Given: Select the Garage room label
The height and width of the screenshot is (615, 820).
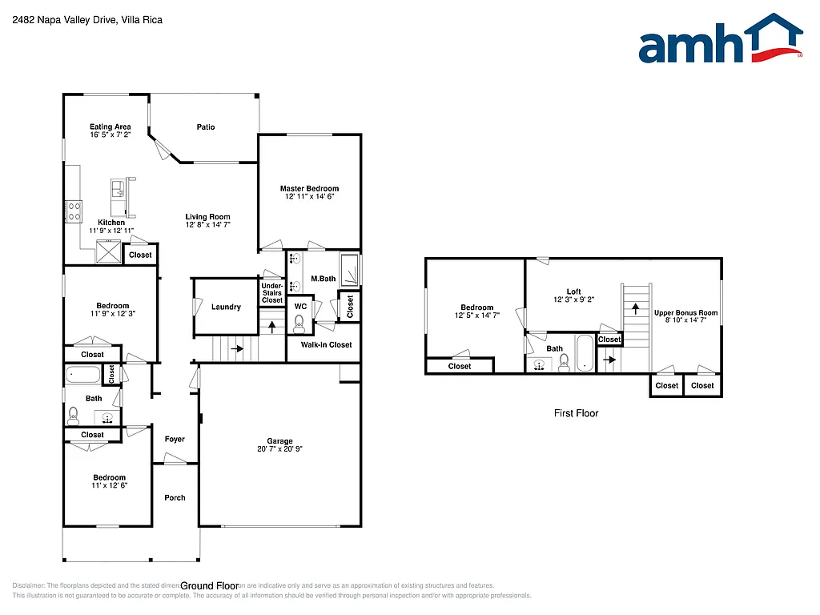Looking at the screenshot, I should (x=279, y=441).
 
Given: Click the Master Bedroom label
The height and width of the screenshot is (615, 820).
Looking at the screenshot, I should (x=309, y=189).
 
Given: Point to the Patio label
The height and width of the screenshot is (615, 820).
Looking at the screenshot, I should (x=206, y=127).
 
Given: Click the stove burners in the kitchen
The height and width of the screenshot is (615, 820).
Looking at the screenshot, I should (x=74, y=211).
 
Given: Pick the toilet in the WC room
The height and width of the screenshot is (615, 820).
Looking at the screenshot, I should (x=299, y=324).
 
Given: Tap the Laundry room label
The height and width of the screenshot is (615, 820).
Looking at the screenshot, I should (x=226, y=307).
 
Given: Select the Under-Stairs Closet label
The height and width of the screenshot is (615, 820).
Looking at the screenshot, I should (x=272, y=292).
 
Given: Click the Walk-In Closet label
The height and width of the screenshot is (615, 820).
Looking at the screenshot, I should (x=326, y=345).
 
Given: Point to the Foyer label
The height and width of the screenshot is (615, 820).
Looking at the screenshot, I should (x=175, y=439).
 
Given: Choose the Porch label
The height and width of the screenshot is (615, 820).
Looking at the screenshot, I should (x=175, y=498).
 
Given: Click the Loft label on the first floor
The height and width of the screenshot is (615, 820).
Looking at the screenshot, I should (x=573, y=291).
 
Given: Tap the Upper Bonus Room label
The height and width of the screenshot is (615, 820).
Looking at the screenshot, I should (x=685, y=313).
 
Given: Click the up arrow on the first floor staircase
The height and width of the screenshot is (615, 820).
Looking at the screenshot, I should (x=637, y=306).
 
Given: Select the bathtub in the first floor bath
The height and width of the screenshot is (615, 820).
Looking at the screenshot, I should (x=585, y=353).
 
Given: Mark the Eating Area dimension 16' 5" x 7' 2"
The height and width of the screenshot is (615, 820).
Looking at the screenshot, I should (x=111, y=135).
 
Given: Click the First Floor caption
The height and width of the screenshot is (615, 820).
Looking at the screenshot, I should (x=576, y=413).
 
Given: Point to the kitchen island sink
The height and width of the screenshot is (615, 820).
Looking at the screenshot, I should (x=118, y=189).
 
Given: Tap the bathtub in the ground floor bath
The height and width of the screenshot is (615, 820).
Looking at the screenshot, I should (x=82, y=374).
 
